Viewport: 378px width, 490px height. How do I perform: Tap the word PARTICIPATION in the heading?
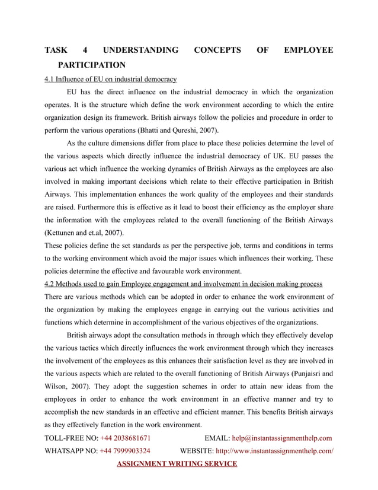tap(95, 65)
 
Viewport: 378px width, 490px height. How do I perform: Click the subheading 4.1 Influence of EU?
tap(111, 78)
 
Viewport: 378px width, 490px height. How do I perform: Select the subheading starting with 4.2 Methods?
tap(184, 284)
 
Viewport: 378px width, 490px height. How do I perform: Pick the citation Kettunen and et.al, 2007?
tap(85, 233)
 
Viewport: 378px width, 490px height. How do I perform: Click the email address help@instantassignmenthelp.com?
tap(281, 438)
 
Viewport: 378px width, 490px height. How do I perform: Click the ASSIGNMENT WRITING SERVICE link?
tap(177, 463)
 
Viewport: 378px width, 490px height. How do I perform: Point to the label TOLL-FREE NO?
tap(71, 438)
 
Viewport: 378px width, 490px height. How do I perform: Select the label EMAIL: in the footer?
tap(217, 438)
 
